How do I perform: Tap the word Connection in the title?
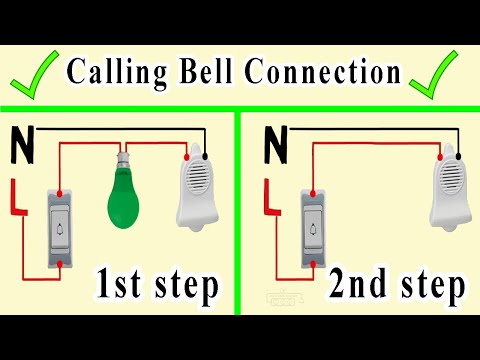320,72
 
